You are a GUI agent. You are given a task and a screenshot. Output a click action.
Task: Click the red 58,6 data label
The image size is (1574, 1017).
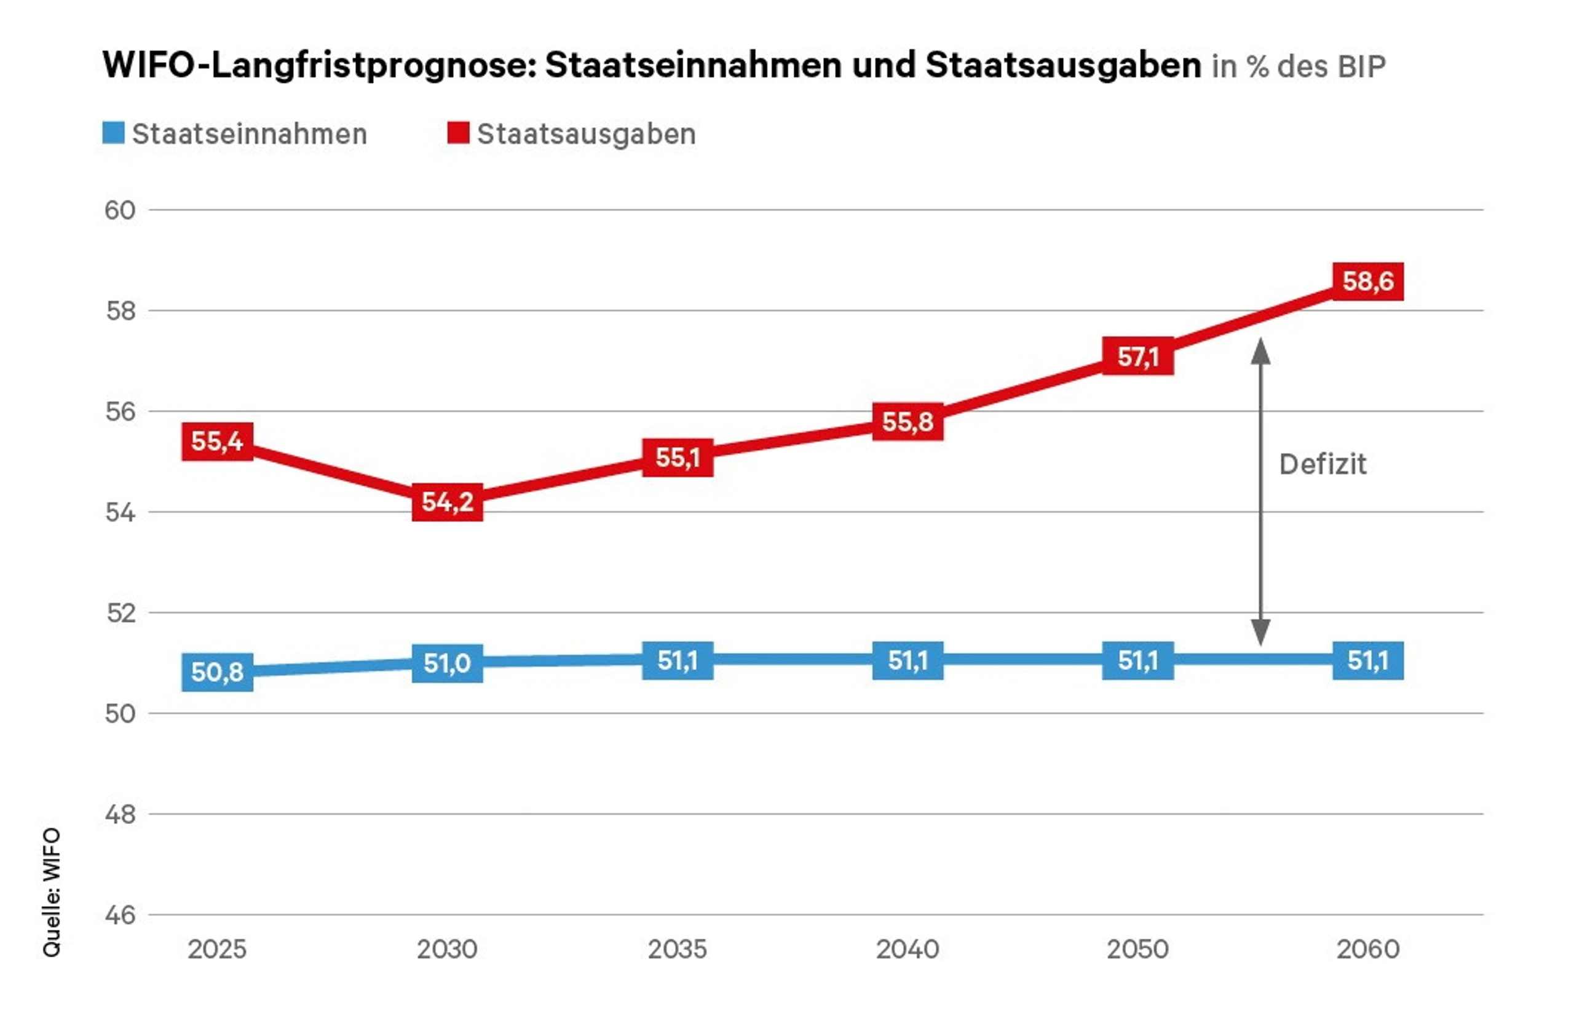coord(1367,282)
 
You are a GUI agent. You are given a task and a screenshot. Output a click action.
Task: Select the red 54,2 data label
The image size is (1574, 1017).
coord(447,502)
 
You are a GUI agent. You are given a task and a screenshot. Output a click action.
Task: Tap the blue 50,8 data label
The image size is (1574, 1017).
coord(217,672)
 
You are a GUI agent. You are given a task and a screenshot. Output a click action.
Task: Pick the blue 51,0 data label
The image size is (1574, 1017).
coord(447,663)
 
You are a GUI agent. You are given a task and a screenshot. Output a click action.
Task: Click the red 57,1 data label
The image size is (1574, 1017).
coord(1137,357)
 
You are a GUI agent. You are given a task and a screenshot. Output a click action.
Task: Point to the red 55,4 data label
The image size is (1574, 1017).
coord(217,441)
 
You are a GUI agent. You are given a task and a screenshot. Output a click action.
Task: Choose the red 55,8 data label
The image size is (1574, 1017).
coord(907,421)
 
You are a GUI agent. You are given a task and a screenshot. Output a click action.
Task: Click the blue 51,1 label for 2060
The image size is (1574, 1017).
coord(1367,660)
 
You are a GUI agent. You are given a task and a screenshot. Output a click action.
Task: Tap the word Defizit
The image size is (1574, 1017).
coord(1323,464)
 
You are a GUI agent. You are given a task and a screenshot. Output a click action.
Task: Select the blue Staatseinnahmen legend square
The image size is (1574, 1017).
coord(114,133)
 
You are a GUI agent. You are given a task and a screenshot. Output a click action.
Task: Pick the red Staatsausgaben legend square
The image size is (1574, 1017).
coord(458,133)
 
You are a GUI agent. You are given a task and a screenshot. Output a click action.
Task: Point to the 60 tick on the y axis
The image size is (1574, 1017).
coord(120,210)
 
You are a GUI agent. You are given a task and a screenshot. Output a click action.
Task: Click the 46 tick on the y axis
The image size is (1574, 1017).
coord(120,916)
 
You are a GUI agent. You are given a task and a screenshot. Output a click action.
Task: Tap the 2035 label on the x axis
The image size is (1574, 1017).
coord(677,949)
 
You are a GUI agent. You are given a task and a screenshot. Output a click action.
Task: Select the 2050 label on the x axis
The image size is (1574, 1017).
coord(1137,949)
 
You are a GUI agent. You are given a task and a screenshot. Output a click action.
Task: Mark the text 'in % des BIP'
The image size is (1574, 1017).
coord(1298,66)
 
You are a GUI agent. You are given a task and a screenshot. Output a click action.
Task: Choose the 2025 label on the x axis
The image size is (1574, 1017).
coord(217,949)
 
